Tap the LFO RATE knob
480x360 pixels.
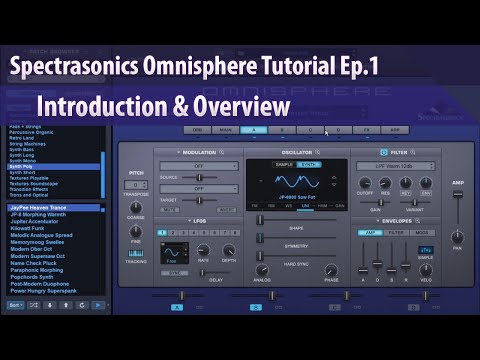[205, 249]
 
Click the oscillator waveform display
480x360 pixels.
[298, 187]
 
